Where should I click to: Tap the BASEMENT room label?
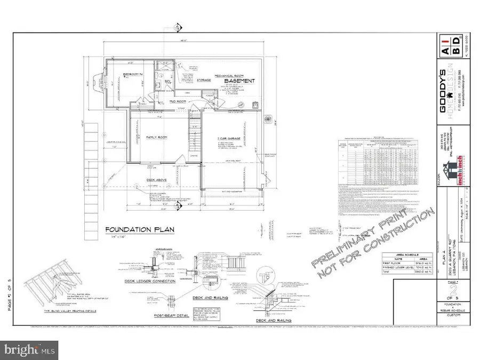[239, 81]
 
